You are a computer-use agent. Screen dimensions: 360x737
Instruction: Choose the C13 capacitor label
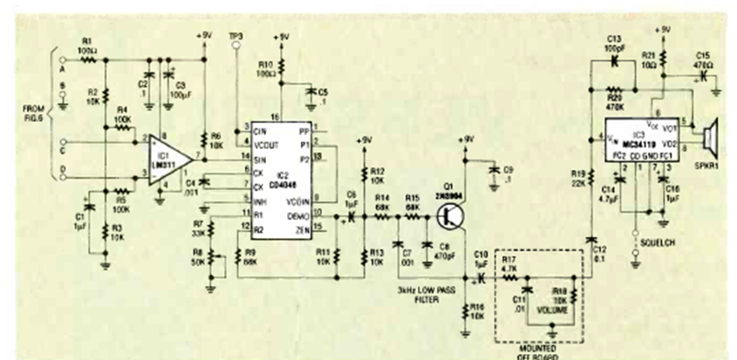coord(613,41)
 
